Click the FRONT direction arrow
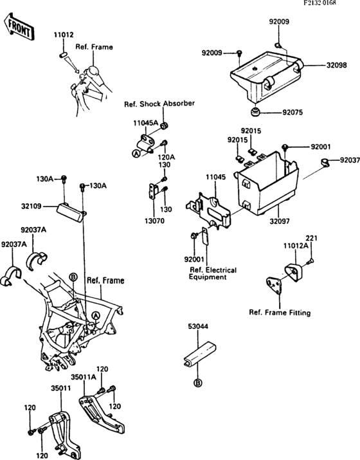coord(19,26)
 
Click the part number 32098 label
coord(337,65)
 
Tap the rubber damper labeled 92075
coord(255,112)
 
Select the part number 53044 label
coord(198,326)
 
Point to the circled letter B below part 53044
coord(198,383)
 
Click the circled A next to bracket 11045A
coord(136,153)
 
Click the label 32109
coord(31,207)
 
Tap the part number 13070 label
coord(154,221)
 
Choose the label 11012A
coord(296,245)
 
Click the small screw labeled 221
coord(310,260)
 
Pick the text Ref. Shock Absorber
coord(159,104)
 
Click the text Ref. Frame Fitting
coord(280,313)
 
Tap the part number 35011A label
coord(84,376)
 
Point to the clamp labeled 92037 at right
coord(325,161)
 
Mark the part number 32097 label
coord(280,221)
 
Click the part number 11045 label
coord(215,177)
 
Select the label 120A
coord(166,157)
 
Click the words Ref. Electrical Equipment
coord(213,273)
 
